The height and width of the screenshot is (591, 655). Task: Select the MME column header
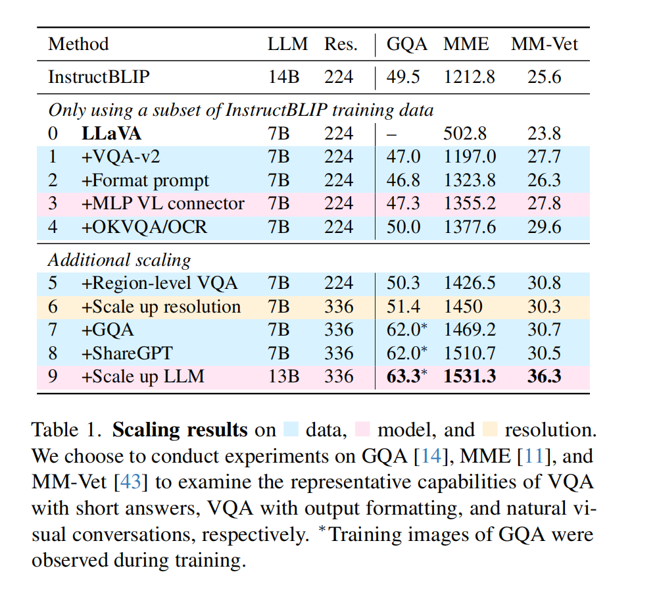466,44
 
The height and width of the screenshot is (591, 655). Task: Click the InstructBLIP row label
99,77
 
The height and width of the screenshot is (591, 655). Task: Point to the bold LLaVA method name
111,134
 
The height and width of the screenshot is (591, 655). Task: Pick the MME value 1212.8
469,77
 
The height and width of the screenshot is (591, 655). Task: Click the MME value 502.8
466,134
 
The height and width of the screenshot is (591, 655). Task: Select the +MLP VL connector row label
162,203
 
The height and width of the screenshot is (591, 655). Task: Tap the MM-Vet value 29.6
544,227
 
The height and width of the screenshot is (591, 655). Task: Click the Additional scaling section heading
119,260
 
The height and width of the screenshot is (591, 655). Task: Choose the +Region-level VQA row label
159,283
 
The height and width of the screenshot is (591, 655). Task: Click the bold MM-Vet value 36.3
544,376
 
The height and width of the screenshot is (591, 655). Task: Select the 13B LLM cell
282,376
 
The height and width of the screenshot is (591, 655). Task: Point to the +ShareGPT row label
127,353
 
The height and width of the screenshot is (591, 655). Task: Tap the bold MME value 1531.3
469,376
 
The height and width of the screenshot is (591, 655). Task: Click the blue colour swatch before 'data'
291,430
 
